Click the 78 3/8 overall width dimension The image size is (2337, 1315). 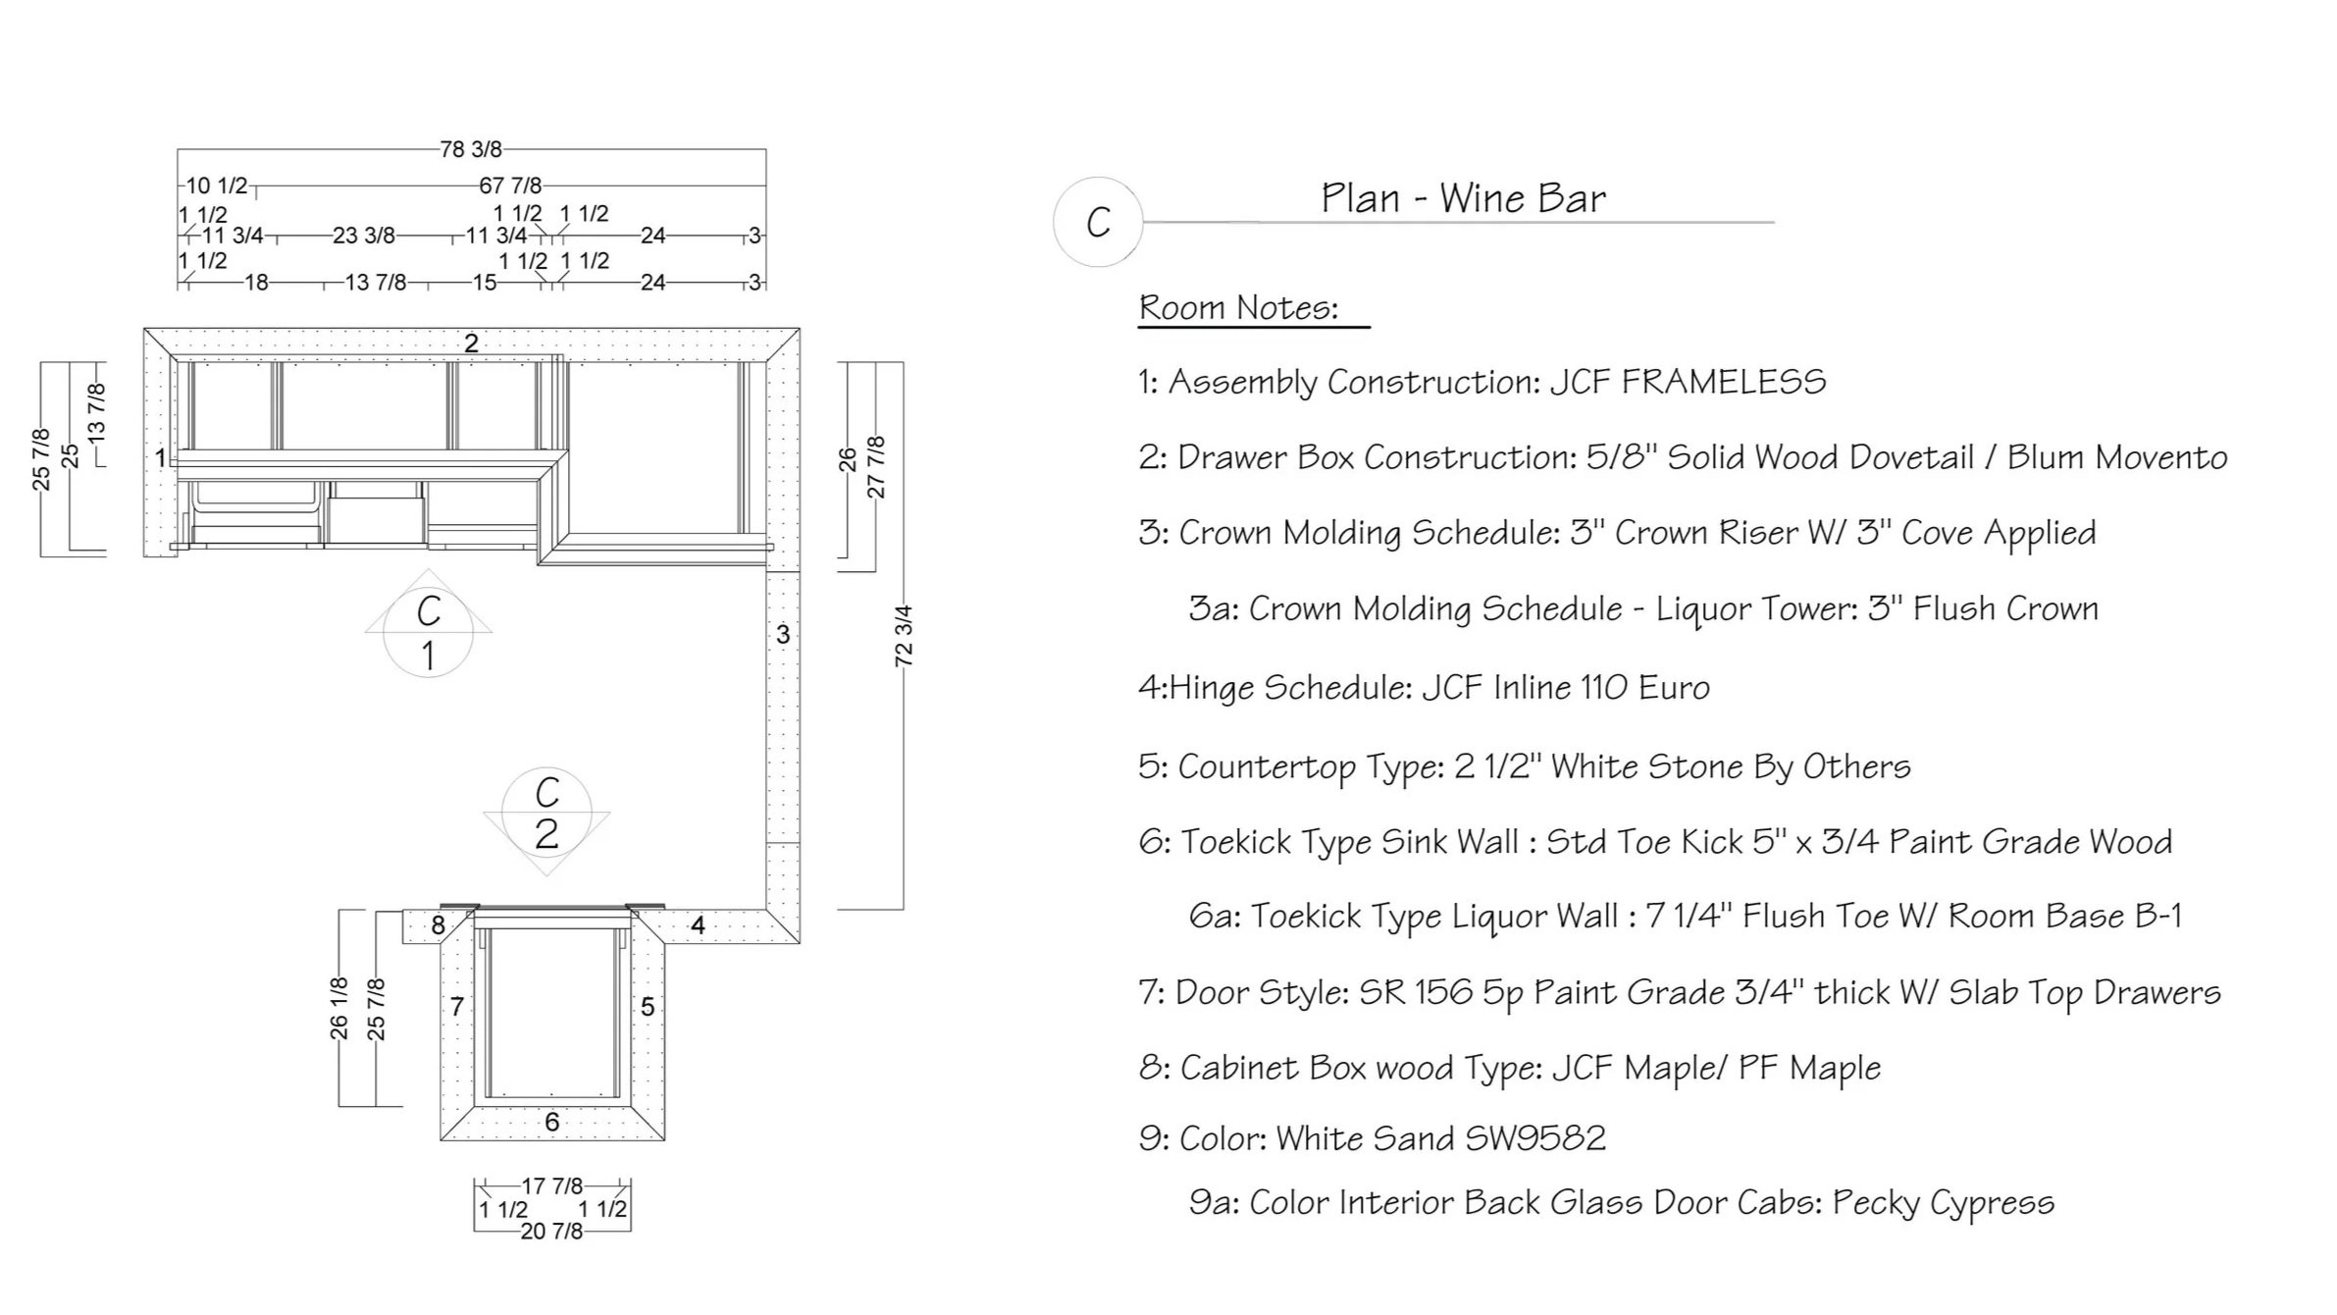tap(471, 149)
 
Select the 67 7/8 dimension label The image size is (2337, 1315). tap(510, 185)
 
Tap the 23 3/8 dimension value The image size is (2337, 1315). tap(364, 236)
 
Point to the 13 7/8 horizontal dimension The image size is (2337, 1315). tap(376, 283)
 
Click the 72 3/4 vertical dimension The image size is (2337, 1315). tap(904, 636)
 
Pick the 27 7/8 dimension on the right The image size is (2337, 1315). tap(876, 467)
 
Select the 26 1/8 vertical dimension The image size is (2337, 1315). tap(339, 1008)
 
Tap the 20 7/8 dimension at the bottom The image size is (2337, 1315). tap(551, 1231)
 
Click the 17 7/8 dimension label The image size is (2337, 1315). tap(551, 1186)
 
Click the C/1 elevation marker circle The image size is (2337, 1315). tap(428, 633)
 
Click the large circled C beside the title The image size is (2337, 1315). tap(1098, 223)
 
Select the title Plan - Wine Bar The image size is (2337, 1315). tap(1463, 198)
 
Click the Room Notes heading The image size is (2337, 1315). tap(1238, 308)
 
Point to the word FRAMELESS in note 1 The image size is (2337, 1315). tap(1724, 382)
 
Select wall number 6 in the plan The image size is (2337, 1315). tap(552, 1122)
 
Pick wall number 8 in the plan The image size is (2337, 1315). tap(439, 924)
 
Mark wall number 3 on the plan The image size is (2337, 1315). tap(783, 634)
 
